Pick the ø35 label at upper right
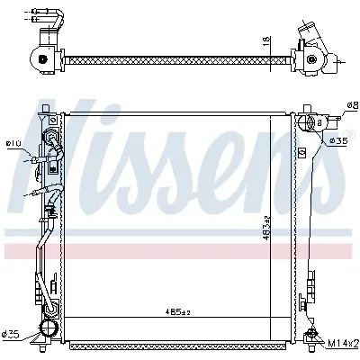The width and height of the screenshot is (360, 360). coord(338,140)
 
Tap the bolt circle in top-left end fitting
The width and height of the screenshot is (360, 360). coord(40,58)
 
